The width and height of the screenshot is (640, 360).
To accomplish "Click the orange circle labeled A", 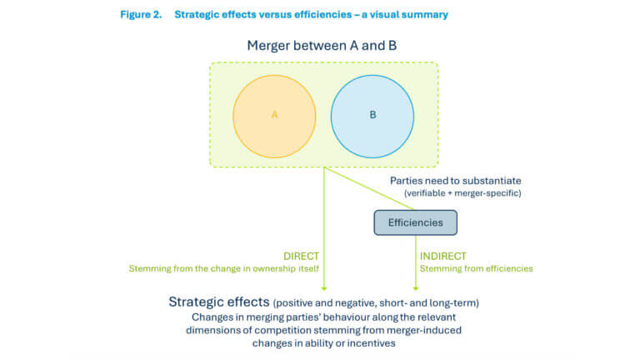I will [x=274, y=114].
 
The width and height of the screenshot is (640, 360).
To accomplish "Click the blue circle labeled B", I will [x=372, y=114].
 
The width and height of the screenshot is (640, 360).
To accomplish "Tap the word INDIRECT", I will [x=443, y=256].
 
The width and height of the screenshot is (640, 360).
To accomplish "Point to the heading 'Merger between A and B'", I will [x=322, y=45].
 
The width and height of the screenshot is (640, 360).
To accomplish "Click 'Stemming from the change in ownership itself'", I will [x=223, y=268].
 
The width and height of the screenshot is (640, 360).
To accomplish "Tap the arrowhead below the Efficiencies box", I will [x=416, y=286].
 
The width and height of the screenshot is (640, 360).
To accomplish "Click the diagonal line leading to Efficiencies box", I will [x=367, y=187].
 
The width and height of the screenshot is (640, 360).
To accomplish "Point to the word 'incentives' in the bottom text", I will [x=374, y=343].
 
